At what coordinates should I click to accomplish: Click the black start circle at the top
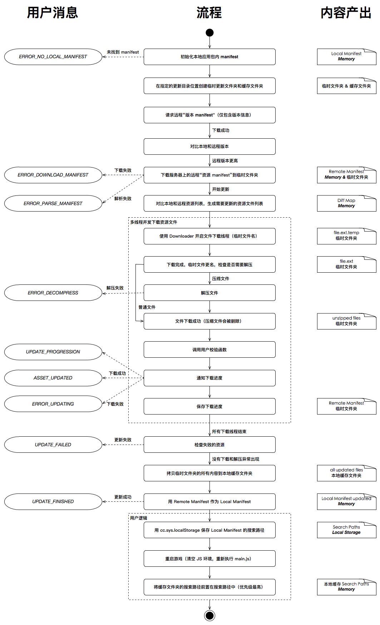click(x=209, y=33)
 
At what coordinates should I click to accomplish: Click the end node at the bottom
click(x=209, y=615)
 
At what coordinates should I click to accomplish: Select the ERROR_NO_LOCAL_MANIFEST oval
click(x=53, y=57)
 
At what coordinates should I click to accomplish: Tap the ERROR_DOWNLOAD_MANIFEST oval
click(x=53, y=175)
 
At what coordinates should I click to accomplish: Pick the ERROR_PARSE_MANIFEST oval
click(x=53, y=203)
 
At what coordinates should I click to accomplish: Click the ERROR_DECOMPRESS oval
click(x=53, y=293)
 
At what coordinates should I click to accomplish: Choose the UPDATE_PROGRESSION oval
click(x=53, y=352)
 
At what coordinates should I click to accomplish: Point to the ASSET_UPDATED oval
click(x=53, y=378)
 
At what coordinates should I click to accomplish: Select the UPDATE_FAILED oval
click(x=53, y=445)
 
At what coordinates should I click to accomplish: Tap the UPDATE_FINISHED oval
click(x=53, y=502)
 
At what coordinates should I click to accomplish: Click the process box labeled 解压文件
click(x=209, y=293)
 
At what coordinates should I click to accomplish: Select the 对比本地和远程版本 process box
click(x=209, y=147)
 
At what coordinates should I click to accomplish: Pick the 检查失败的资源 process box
click(x=209, y=445)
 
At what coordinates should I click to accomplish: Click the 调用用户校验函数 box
click(x=209, y=350)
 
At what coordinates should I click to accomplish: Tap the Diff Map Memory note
click(x=346, y=203)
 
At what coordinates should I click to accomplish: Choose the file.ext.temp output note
click(x=346, y=236)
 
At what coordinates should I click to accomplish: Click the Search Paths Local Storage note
click(x=346, y=530)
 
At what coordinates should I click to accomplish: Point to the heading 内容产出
click(x=346, y=13)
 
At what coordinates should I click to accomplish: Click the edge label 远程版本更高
click(x=225, y=161)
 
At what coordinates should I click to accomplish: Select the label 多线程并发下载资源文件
click(x=154, y=222)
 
